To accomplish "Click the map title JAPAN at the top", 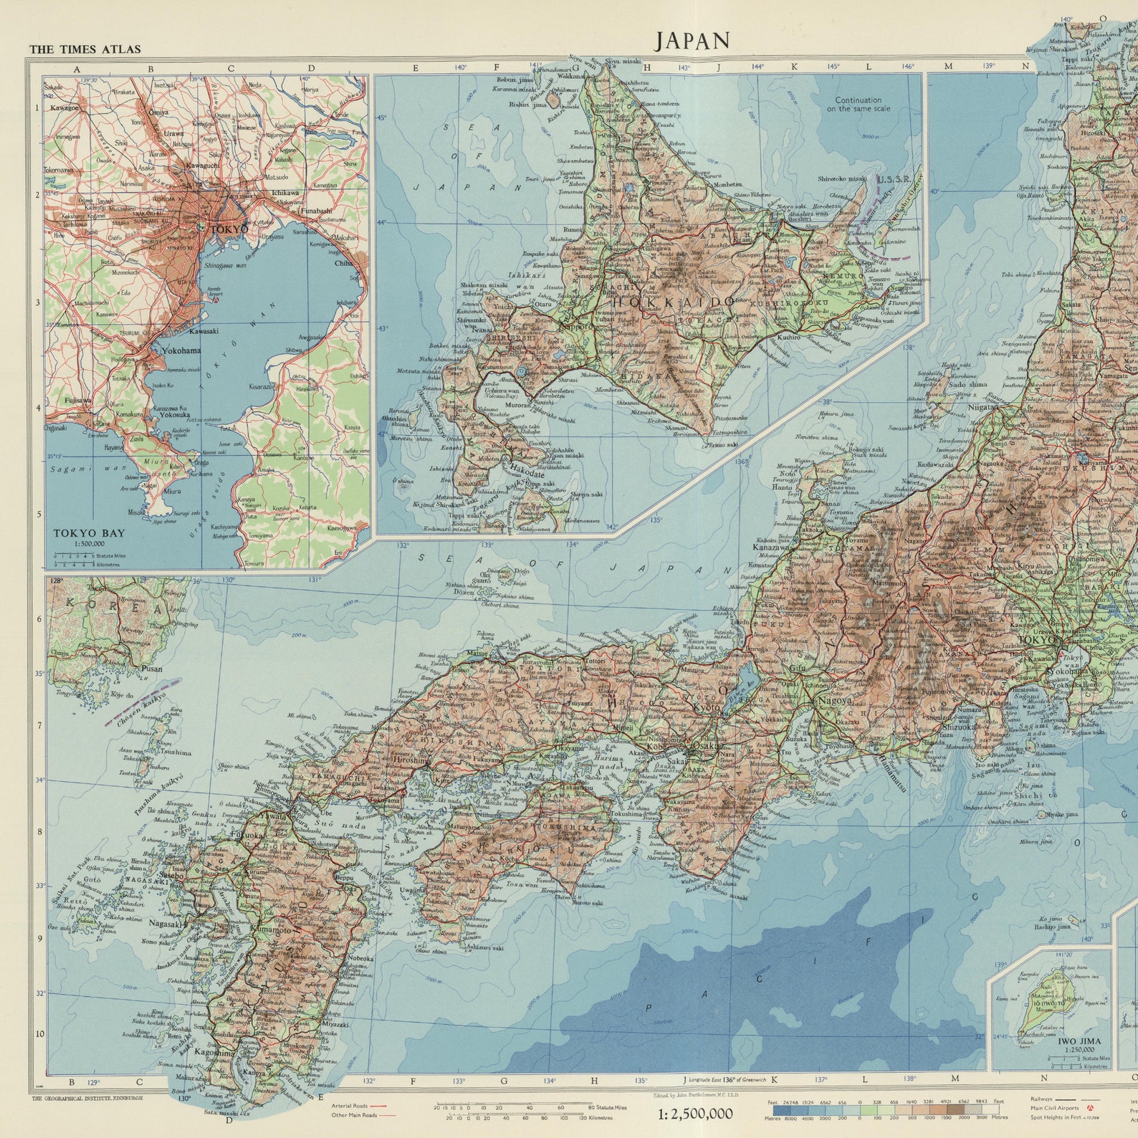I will (x=692, y=41).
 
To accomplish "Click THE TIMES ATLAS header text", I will (x=85, y=49).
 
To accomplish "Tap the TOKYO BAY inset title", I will (x=88, y=533).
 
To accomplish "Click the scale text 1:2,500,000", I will (x=695, y=1114).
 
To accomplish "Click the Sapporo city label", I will (x=579, y=326).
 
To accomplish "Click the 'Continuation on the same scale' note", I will (x=859, y=105).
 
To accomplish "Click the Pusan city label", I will (x=150, y=669).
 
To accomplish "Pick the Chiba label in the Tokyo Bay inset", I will (x=344, y=263).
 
